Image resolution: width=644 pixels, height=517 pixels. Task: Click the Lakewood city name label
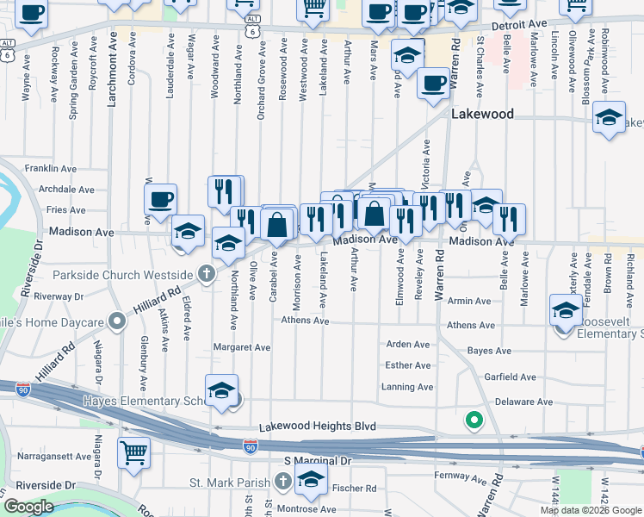click(x=482, y=114)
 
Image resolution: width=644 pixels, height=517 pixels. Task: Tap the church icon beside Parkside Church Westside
click(x=206, y=275)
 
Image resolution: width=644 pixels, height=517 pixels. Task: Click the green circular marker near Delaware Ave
click(x=473, y=420)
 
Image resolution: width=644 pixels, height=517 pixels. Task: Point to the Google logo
click(x=28, y=507)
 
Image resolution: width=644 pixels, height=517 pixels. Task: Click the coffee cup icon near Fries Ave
click(x=160, y=201)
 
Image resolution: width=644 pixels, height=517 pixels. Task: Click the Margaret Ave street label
click(x=243, y=348)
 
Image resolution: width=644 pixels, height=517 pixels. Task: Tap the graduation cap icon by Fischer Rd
click(x=311, y=483)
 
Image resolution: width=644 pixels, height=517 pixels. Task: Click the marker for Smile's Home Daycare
click(x=118, y=322)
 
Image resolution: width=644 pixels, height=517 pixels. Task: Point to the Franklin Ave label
click(x=51, y=168)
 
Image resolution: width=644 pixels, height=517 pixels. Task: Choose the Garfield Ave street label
click(x=511, y=377)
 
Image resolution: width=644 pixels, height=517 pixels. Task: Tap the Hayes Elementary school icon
click(x=221, y=390)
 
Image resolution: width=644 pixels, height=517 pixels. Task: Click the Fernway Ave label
click(x=461, y=475)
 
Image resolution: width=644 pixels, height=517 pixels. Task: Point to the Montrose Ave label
click(x=308, y=508)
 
